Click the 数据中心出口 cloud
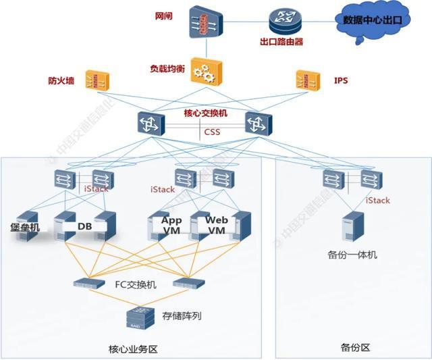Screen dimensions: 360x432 click(x=372, y=21)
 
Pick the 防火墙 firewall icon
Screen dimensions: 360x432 click(x=98, y=82)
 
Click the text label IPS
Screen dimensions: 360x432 click(x=342, y=81)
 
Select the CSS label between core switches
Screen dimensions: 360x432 click(x=212, y=132)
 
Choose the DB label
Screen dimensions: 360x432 click(x=85, y=226)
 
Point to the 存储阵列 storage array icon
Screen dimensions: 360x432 click(x=141, y=316)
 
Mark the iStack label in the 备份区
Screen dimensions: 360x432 click(x=377, y=200)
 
